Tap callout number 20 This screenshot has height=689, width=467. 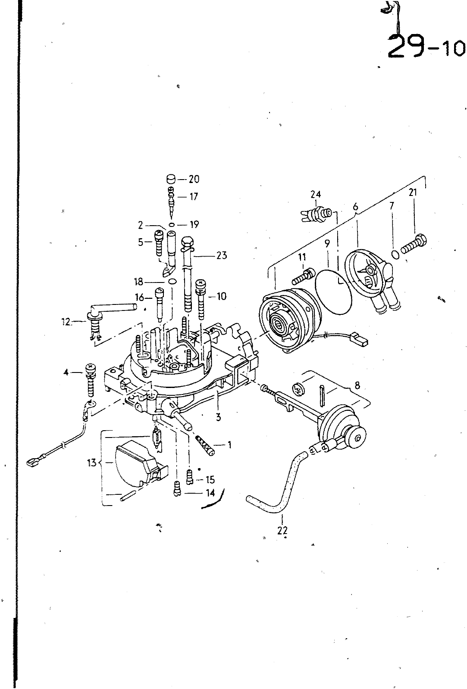[194, 179]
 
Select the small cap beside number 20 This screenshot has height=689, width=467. [171, 179]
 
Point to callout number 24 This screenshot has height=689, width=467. [316, 194]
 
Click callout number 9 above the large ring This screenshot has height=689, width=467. [327, 243]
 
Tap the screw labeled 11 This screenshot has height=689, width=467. [303, 276]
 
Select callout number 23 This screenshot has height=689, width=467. [222, 255]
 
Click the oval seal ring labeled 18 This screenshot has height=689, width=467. [172, 281]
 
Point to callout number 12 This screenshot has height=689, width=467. [66, 323]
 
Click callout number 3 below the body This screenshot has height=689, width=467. [218, 417]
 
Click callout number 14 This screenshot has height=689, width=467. [210, 493]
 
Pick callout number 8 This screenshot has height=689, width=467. [357, 385]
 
